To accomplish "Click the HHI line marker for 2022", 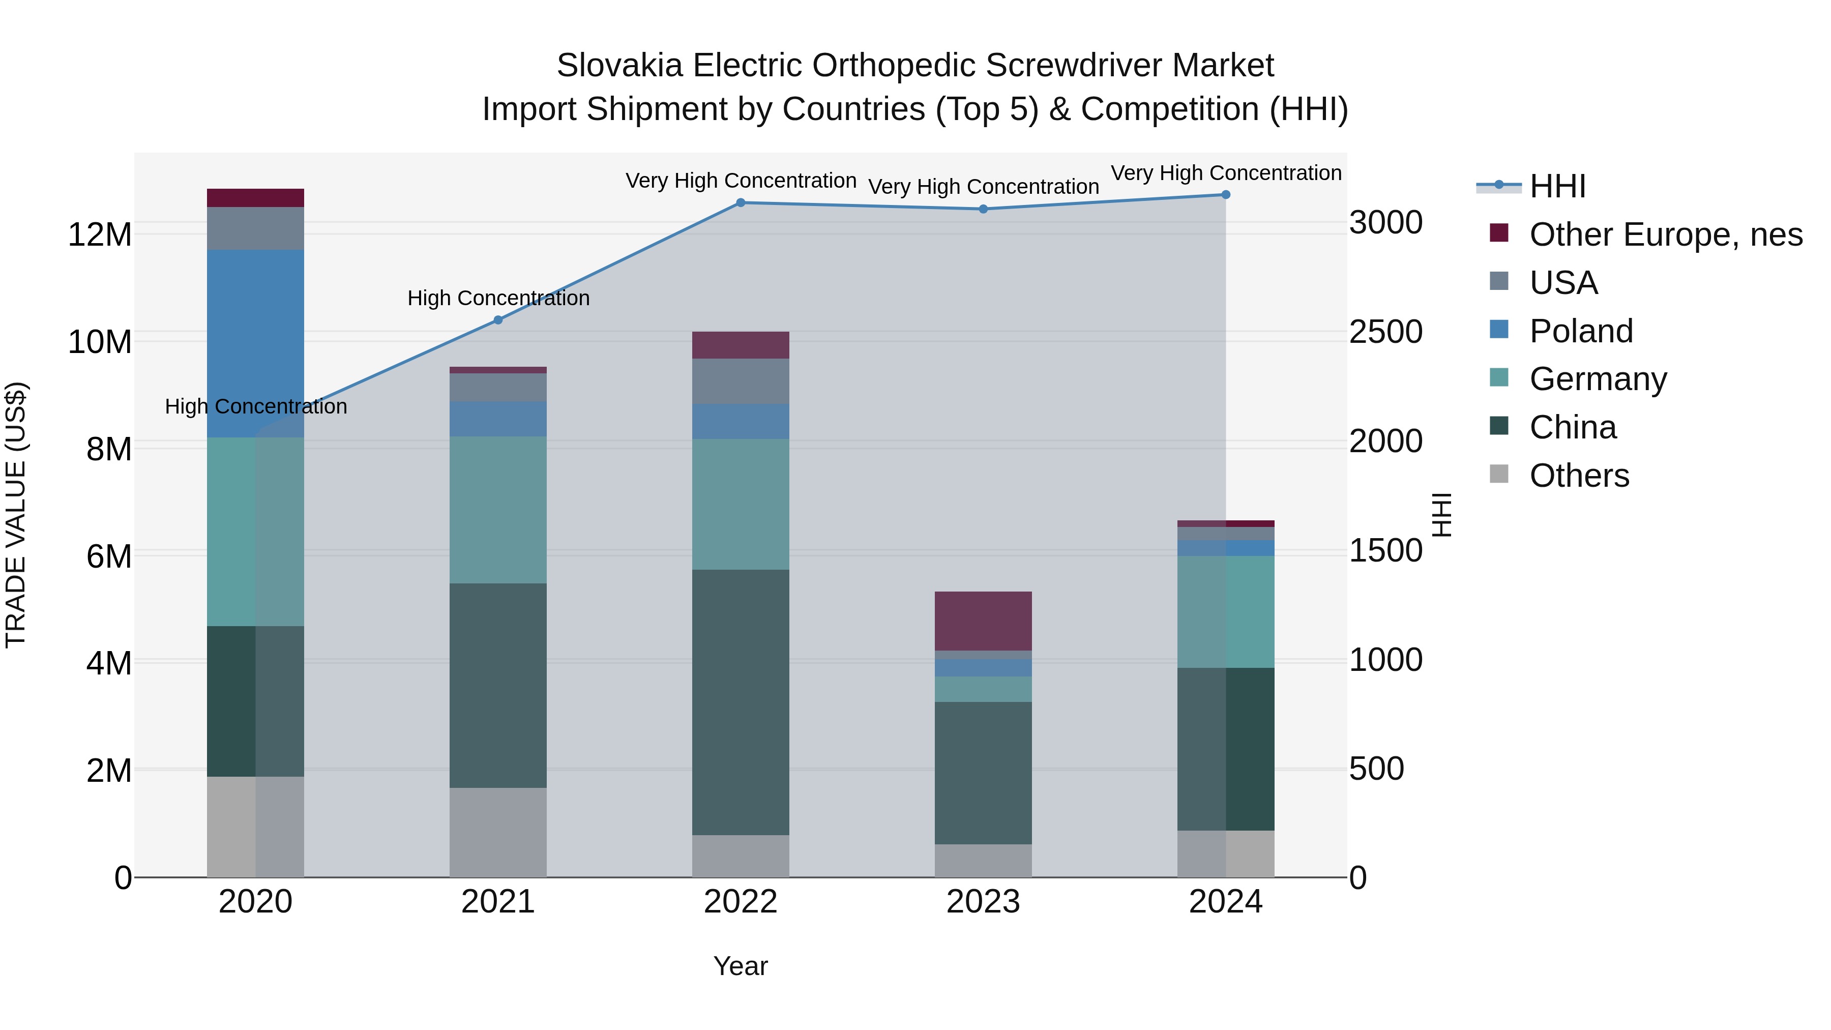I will click(x=740, y=202).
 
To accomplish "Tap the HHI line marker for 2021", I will click(x=498, y=320).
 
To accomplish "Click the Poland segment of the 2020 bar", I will click(x=255, y=343).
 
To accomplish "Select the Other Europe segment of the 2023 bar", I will click(x=983, y=621).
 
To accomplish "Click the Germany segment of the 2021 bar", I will click(x=498, y=510).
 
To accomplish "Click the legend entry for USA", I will click(x=1563, y=283).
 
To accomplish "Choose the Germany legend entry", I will click(x=1597, y=379).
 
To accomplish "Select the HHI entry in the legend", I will click(x=1557, y=186).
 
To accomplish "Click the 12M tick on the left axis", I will click(x=100, y=234).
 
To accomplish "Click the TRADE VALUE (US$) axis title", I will click(x=16, y=515).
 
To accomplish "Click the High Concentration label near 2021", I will click(x=498, y=298).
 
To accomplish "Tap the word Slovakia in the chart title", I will click(x=621, y=66).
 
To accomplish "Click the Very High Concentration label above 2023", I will click(x=983, y=187).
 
